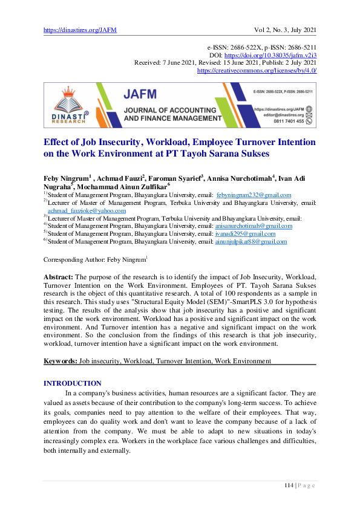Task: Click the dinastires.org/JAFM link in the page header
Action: (x=80, y=29)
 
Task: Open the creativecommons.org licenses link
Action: (x=257, y=70)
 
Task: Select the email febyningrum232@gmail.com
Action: (x=254, y=195)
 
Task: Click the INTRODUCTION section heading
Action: (x=73, y=383)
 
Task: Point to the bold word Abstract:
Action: (x=59, y=276)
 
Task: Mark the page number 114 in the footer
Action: (x=289, y=485)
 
